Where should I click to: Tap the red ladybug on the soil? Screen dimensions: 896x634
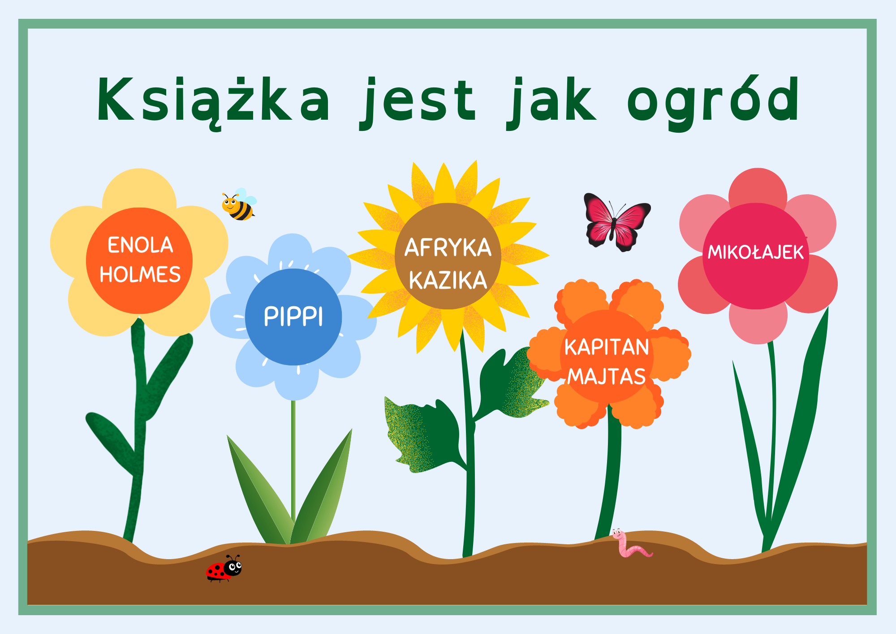point(224,569)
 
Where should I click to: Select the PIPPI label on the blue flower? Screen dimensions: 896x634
point(293,317)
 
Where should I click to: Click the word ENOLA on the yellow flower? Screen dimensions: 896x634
point(140,245)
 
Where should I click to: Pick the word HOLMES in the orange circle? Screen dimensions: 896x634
point(140,274)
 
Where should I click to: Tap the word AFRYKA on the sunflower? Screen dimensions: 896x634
point(448,248)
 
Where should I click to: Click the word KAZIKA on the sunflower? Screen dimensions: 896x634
point(448,280)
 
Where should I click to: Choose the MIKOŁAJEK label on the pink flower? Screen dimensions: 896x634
point(756,252)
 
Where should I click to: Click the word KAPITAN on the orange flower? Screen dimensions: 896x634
point(607,347)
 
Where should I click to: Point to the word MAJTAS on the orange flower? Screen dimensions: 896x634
point(607,376)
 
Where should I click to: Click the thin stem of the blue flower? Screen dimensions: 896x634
point(293,462)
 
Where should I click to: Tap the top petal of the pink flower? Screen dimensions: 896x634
point(758,188)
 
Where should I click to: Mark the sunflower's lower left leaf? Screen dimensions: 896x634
point(423,435)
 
